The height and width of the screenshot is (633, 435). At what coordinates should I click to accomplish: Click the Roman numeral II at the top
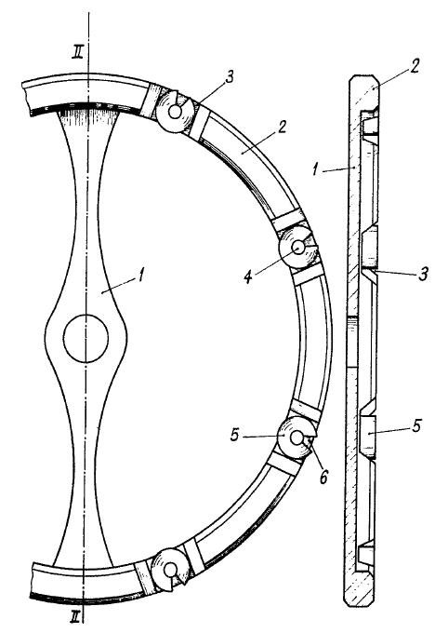(77, 52)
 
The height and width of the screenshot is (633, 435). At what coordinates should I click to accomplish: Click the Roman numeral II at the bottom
(75, 616)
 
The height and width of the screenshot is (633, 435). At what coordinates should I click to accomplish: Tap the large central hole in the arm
(86, 338)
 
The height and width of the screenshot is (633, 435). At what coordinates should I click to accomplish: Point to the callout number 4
(248, 277)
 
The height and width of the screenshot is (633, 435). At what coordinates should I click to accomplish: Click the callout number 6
(323, 477)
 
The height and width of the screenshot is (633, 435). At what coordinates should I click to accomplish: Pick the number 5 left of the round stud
(236, 436)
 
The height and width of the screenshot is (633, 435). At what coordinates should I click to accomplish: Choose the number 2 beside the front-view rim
(282, 128)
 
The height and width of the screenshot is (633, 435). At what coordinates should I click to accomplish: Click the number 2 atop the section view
(415, 66)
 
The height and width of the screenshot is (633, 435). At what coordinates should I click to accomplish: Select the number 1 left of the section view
(316, 169)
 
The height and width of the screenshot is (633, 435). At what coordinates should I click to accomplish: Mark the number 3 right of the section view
(423, 275)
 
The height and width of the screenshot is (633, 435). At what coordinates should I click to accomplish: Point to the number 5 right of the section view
(416, 425)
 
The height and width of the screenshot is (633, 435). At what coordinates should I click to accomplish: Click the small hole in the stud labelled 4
(298, 247)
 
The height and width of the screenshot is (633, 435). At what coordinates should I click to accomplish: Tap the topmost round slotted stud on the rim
(175, 112)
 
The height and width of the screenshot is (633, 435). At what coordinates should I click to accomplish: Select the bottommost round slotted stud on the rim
(170, 569)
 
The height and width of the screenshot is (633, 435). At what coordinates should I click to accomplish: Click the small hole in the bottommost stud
(169, 570)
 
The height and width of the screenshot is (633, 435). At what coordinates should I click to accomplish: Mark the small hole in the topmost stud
(175, 112)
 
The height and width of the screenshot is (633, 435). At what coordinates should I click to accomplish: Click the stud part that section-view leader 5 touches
(367, 435)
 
